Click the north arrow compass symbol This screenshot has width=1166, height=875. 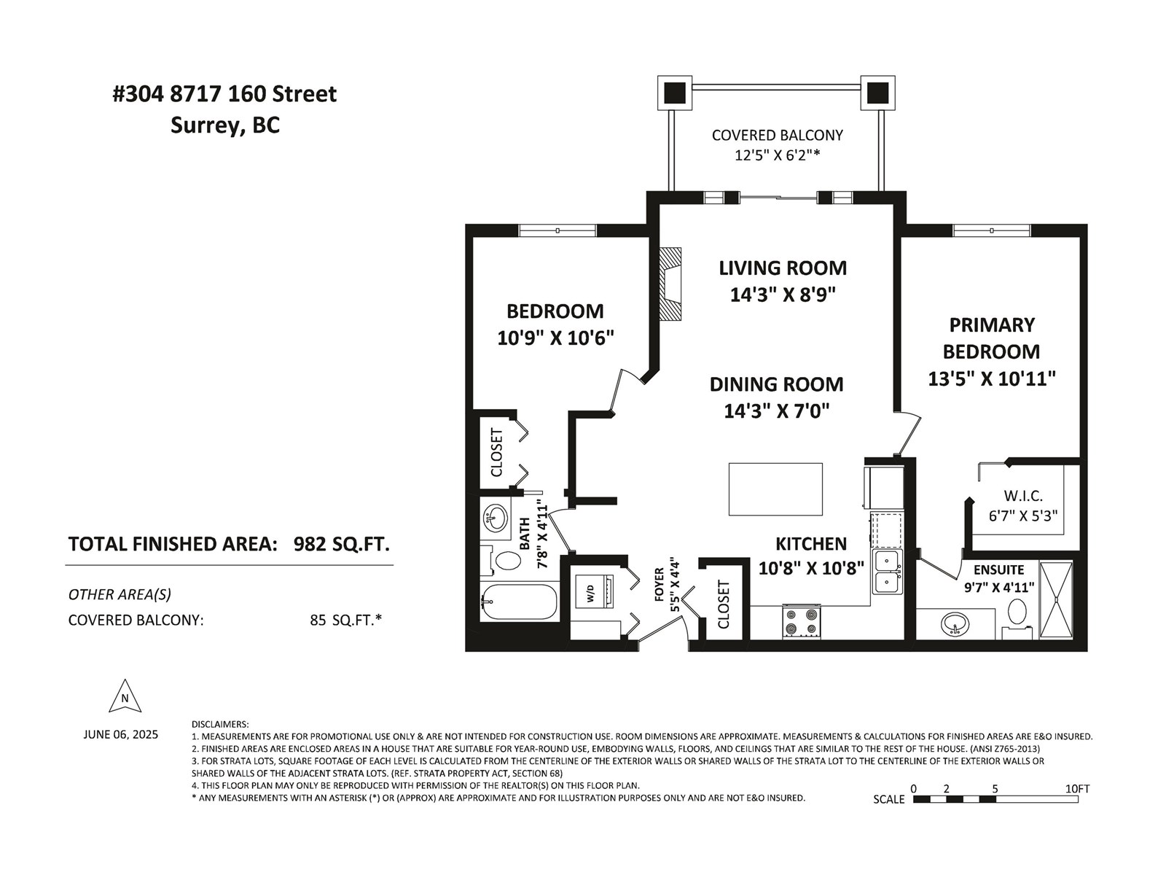click(125, 696)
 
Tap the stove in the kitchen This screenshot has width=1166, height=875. click(801, 622)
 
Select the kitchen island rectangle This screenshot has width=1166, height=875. click(775, 489)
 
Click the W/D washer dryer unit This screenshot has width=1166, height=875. click(595, 593)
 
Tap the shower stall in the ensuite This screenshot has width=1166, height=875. click(1056, 599)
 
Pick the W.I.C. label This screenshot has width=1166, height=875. click(1023, 496)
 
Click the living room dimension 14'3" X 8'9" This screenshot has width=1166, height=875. click(783, 295)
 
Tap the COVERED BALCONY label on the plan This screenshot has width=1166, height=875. click(777, 136)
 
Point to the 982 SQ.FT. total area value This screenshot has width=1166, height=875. click(342, 544)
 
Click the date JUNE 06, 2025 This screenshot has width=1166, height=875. click(120, 735)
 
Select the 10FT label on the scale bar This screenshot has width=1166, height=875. click(1077, 789)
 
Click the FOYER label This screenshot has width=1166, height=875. click(660, 584)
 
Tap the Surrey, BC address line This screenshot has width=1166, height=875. click(224, 126)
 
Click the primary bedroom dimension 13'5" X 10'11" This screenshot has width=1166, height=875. click(992, 378)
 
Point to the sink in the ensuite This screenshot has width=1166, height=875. click(955, 623)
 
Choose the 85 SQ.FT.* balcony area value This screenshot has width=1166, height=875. click(346, 620)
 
